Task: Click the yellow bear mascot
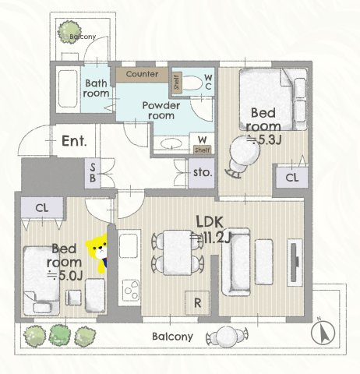pyautogui.click(x=97, y=252)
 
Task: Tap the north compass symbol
pyautogui.click(x=323, y=333)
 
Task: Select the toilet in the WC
pyautogui.click(x=192, y=83)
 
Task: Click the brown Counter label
pyautogui.click(x=142, y=74)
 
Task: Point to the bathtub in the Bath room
pyautogui.click(x=68, y=88)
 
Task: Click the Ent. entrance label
pyautogui.click(x=74, y=141)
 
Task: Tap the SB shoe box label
pyautogui.click(x=93, y=173)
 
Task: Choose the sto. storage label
pyautogui.click(x=203, y=173)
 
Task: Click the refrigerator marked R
pyautogui.click(x=197, y=303)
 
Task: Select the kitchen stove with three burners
pyautogui.click(x=130, y=289)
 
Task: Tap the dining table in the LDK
pyautogui.click(x=178, y=252)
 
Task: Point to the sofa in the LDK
pyautogui.click(x=235, y=262)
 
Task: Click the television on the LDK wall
pyautogui.click(x=294, y=263)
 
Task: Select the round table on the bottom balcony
pyautogui.click(x=228, y=337)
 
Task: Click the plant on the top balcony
pyautogui.click(x=69, y=32)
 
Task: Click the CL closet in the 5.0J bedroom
pyautogui.click(x=42, y=207)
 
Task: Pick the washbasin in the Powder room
pyautogui.click(x=171, y=143)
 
